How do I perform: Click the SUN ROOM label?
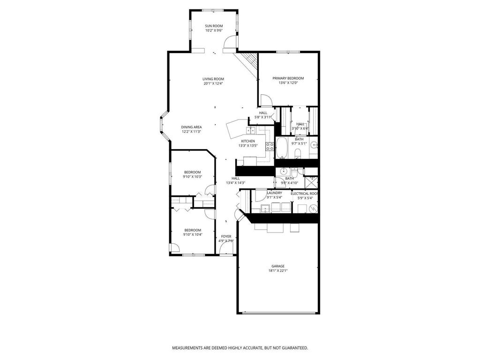(213, 26)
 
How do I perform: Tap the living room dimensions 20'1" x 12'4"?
(213, 84)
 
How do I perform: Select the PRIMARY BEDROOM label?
(288, 78)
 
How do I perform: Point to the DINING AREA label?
(192, 127)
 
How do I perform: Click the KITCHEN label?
(248, 141)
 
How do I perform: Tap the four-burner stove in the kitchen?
(270, 146)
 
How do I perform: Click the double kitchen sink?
(251, 130)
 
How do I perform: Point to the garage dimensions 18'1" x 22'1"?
(277, 271)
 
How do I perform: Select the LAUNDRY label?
(274, 193)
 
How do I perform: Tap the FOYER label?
(226, 237)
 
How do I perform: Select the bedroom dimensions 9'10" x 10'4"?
(192, 235)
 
